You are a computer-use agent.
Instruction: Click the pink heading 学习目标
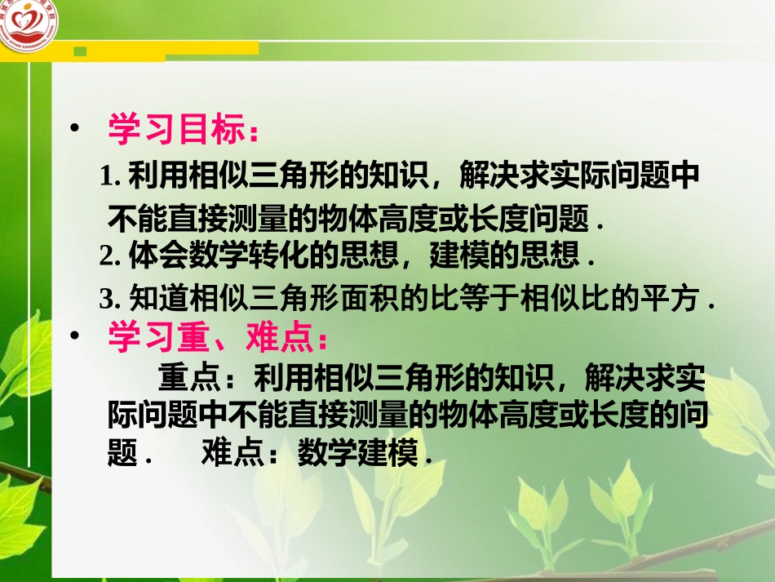click(x=178, y=131)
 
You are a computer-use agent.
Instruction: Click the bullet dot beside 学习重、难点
click(x=76, y=335)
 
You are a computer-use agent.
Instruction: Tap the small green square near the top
click(x=80, y=51)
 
